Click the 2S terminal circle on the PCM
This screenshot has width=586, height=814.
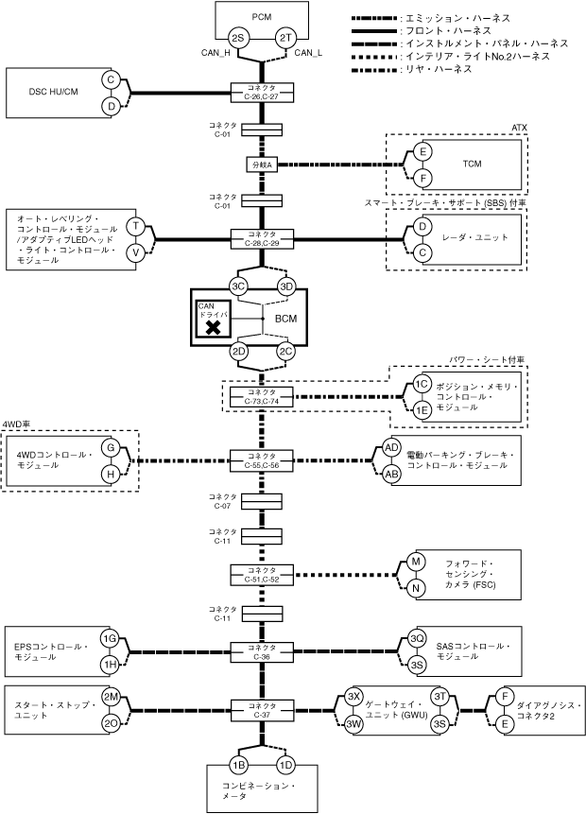(x=238, y=39)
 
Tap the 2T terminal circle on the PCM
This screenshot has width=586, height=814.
(x=285, y=39)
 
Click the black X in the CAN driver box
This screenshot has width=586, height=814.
(x=214, y=327)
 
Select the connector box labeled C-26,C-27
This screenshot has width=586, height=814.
(x=262, y=93)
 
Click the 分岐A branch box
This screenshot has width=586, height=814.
(x=262, y=165)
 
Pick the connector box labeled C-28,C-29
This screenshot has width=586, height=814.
(x=262, y=239)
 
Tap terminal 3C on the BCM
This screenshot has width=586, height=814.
(x=238, y=286)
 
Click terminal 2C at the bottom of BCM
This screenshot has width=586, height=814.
(x=285, y=352)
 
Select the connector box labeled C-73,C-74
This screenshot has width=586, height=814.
(x=262, y=397)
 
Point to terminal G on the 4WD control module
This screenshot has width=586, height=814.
(x=111, y=447)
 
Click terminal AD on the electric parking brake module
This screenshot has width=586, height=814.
(x=391, y=447)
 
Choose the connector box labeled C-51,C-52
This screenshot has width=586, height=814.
(x=262, y=575)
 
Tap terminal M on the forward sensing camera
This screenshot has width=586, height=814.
(x=416, y=562)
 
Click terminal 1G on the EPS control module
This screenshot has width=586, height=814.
(x=110, y=639)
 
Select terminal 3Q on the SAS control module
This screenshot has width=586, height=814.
(x=417, y=639)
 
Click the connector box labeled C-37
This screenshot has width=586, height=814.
(x=262, y=710)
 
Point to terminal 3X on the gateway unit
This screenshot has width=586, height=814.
(x=354, y=697)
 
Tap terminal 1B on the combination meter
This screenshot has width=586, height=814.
(x=238, y=765)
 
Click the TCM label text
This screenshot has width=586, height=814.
(x=472, y=165)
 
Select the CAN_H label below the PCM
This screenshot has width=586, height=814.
(x=215, y=52)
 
